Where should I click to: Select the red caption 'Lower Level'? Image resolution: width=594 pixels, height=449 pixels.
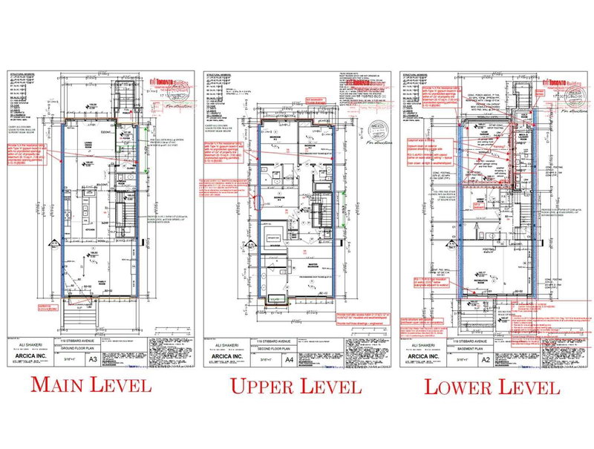point(492,387)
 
